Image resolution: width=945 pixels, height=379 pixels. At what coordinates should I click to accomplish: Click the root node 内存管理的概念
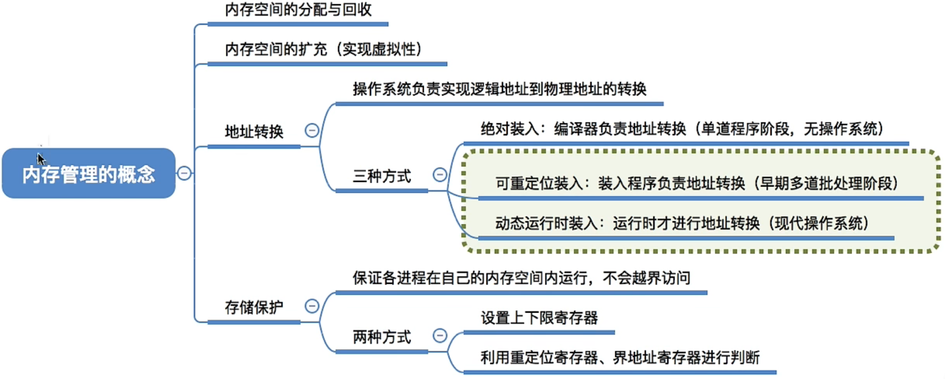point(88,173)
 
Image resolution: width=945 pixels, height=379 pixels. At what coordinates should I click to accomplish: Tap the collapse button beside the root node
point(184,173)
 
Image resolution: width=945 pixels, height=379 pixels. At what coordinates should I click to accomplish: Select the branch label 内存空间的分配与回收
point(298,10)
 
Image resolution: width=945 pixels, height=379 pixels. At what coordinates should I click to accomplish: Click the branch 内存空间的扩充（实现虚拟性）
point(324,49)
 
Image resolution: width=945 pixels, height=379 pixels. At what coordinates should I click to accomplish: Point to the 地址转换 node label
point(254,132)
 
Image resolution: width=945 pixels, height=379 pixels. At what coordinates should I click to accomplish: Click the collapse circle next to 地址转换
point(312,130)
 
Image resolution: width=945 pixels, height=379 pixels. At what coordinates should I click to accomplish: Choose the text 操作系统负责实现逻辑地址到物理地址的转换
point(500,89)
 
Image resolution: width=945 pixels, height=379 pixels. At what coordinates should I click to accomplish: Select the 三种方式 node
point(382,176)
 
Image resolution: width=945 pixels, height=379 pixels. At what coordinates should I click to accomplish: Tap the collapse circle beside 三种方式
point(440,174)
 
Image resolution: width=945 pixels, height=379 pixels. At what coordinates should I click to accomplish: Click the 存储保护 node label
point(254,307)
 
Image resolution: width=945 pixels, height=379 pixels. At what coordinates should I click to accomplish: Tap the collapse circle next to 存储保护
point(312,306)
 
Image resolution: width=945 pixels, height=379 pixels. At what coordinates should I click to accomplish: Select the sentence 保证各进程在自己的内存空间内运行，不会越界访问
point(521,278)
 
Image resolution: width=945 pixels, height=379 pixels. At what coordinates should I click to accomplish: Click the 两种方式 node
point(382,337)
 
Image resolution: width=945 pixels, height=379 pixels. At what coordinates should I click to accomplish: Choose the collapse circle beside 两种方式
point(440,335)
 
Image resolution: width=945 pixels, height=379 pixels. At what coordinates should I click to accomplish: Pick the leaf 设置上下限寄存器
point(539,318)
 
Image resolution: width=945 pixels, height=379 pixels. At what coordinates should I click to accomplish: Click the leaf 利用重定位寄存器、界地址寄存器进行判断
point(620,357)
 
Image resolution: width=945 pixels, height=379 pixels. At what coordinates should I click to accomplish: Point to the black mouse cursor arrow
point(40,159)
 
